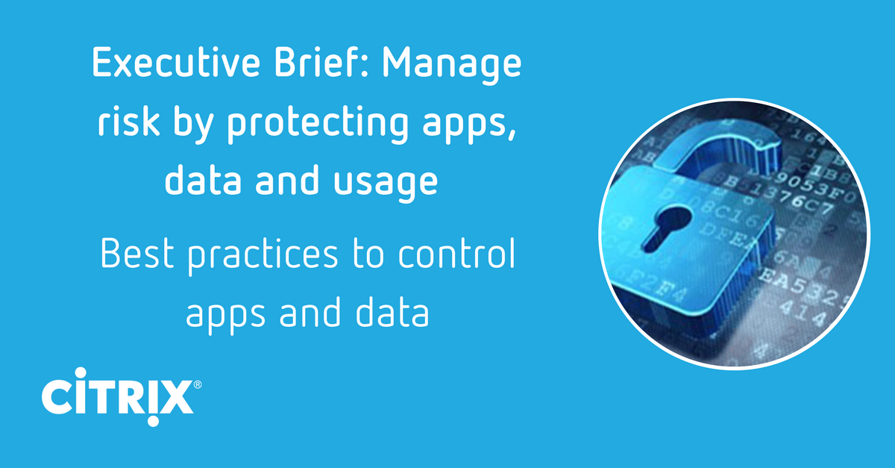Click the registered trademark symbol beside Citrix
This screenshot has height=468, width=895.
coord(197,385)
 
